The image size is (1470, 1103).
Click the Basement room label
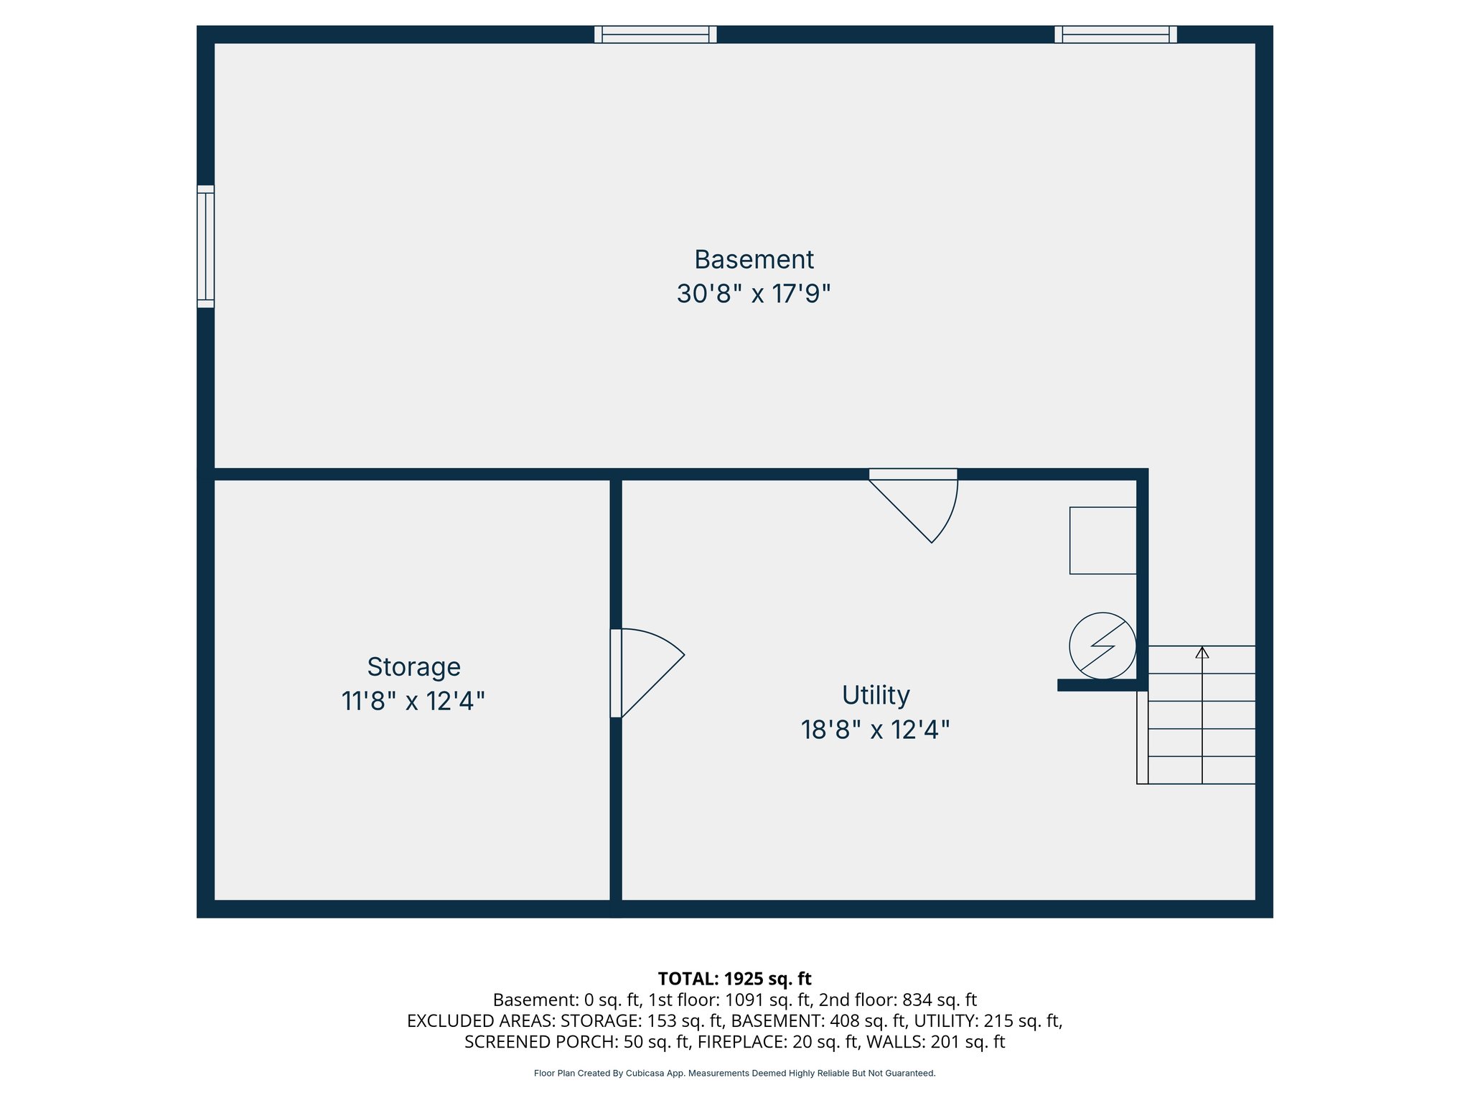point(754,259)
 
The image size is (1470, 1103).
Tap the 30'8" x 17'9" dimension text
point(754,294)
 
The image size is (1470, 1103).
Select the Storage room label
point(413,667)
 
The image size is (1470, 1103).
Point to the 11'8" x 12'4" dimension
point(413,701)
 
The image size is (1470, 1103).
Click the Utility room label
point(876,695)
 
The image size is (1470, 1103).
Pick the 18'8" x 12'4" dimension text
point(876,730)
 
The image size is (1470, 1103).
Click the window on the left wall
point(206,246)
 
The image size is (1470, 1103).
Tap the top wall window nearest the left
point(655,34)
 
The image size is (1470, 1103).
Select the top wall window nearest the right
point(1115,34)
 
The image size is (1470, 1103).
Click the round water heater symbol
point(1102,646)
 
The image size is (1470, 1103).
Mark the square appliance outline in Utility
point(1102,541)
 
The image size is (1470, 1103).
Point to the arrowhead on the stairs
point(1202,652)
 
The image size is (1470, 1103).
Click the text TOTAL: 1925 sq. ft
point(734,979)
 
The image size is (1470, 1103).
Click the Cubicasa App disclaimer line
point(734,1074)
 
